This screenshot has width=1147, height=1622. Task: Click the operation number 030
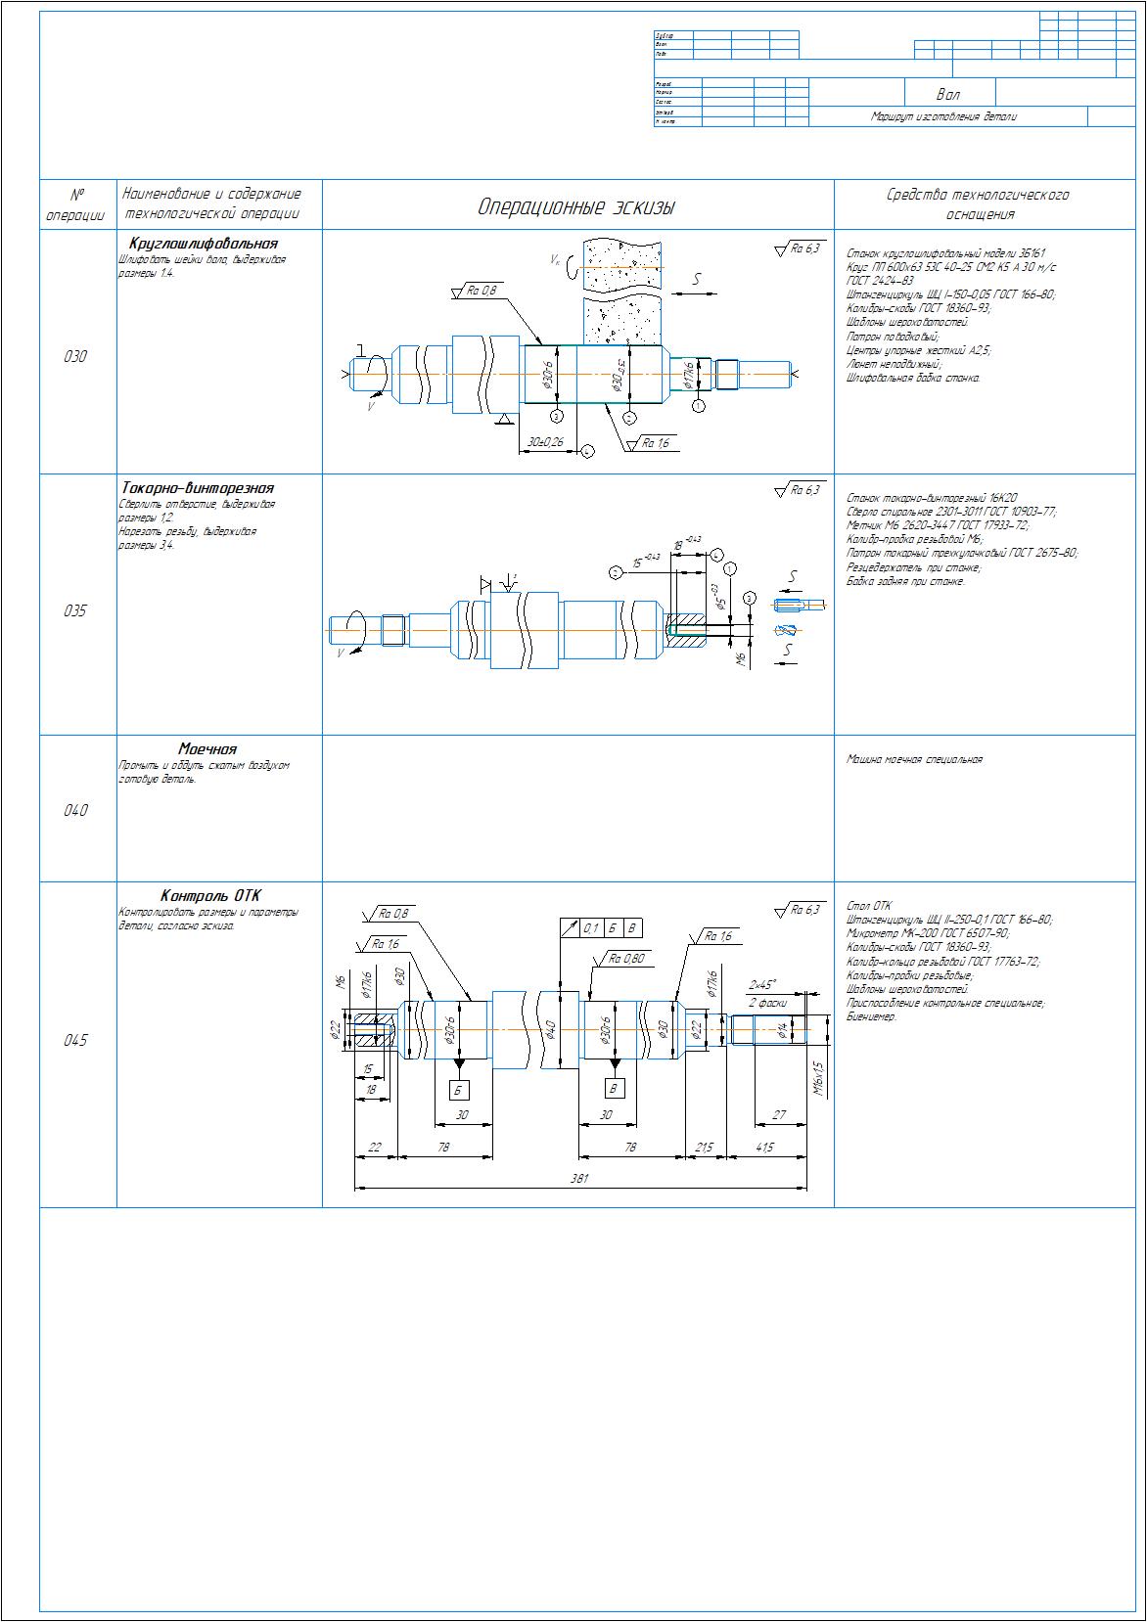click(x=75, y=357)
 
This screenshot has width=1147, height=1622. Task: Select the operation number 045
click(x=75, y=1041)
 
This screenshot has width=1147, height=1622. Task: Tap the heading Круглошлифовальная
click(x=203, y=244)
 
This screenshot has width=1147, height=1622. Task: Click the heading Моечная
click(x=207, y=749)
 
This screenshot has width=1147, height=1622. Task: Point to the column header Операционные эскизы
click(x=576, y=207)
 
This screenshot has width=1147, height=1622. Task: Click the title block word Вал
click(x=947, y=95)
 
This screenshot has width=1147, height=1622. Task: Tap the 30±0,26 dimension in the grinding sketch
click(x=545, y=442)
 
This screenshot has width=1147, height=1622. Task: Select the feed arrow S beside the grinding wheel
click(x=696, y=280)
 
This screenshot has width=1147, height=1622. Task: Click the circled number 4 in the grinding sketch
click(x=586, y=451)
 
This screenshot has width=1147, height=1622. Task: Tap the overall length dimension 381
click(x=579, y=1179)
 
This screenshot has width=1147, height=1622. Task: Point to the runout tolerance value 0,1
click(x=591, y=928)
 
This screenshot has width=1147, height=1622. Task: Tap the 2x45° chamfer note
click(x=762, y=984)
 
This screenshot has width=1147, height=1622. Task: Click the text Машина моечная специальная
click(x=914, y=759)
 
